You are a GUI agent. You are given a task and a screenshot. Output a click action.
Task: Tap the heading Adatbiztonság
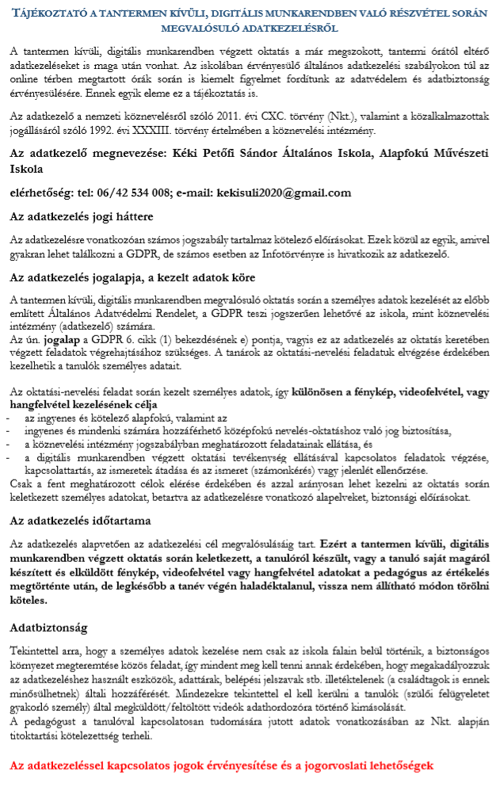(x=49, y=627)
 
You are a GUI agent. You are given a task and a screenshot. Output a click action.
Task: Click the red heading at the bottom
(x=222, y=767)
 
